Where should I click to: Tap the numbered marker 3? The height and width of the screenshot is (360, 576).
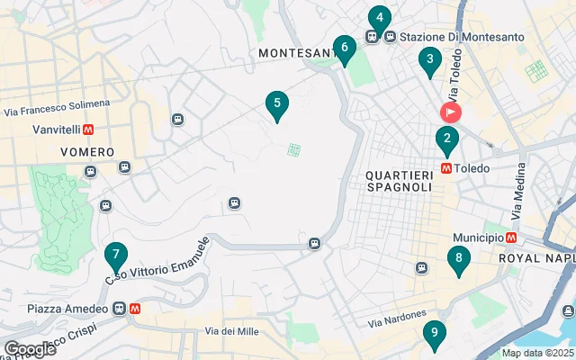click(430, 61)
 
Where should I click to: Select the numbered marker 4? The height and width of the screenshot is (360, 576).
click(379, 18)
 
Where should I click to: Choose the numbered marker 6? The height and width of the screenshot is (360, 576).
click(343, 48)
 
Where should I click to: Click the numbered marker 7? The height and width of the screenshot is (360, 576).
click(115, 256)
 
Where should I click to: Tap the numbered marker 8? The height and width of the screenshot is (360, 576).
click(459, 259)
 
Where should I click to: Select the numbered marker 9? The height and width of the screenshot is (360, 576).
click(434, 334)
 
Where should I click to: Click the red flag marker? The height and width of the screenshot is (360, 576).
click(450, 112)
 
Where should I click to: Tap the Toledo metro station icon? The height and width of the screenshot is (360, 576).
click(446, 167)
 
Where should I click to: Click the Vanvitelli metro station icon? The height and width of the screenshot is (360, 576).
click(88, 130)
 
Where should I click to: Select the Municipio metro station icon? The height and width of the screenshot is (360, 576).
click(511, 238)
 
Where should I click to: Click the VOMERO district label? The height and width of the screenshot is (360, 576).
click(87, 152)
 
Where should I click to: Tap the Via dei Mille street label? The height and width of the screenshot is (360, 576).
click(231, 331)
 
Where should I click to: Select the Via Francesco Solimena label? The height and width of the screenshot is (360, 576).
click(57, 108)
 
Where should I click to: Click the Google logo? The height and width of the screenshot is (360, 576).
click(29, 349)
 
